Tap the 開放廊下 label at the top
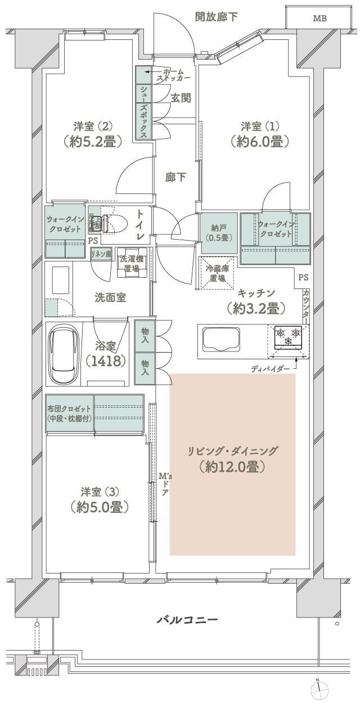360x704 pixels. click(216, 16)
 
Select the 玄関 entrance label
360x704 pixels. click(181, 98)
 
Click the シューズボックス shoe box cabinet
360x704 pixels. click(144, 112)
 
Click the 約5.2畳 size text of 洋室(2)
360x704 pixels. click(93, 141)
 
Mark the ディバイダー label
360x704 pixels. click(271, 368)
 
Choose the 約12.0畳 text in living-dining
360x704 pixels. click(232, 466)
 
